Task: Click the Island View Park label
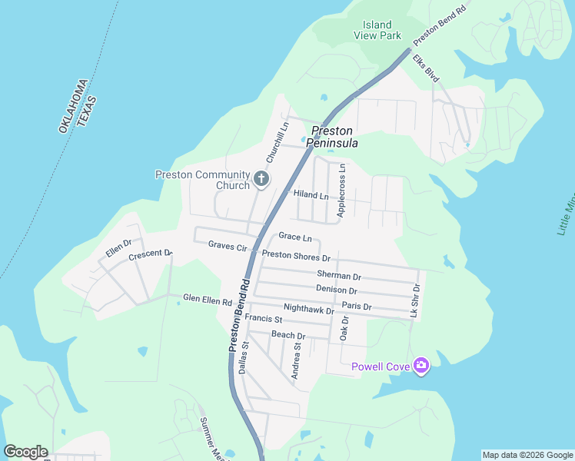377,30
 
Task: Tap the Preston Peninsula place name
332,137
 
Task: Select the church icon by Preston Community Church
261,180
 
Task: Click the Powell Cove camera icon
420,366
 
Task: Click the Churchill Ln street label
277,142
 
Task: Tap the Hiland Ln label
311,195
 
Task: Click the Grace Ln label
295,237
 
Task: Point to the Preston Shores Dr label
296,256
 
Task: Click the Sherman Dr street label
338,275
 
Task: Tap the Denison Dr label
336,290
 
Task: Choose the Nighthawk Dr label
308,310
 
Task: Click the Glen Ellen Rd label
207,298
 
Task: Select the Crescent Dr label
150,254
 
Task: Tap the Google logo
25,452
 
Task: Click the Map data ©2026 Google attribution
527,455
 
